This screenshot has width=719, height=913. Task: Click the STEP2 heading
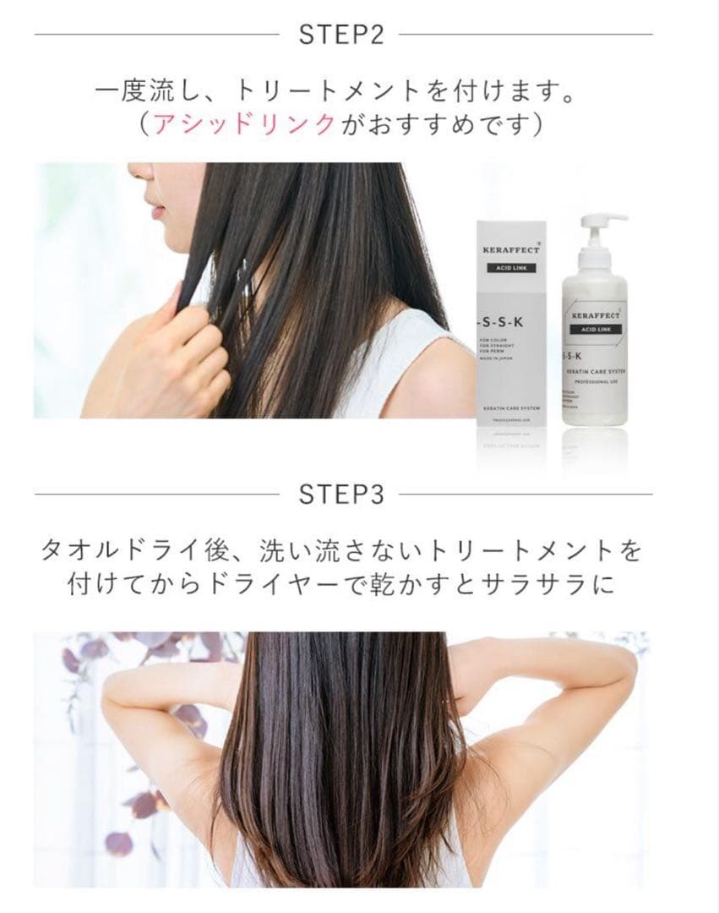coord(341,35)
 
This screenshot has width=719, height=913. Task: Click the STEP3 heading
coord(341,495)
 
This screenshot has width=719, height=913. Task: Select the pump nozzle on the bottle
coord(607,221)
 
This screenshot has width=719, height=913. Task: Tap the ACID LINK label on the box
coord(510,273)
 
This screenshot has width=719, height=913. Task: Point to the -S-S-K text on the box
coord(504,322)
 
